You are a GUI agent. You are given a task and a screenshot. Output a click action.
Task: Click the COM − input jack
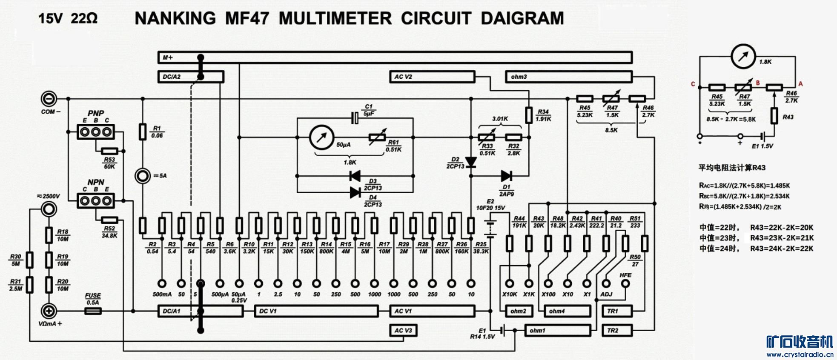pyautogui.click(x=49, y=99)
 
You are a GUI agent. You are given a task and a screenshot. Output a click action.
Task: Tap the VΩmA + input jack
pyautogui.click(x=49, y=311)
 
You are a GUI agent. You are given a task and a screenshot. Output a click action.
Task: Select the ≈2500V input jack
pyautogui.click(x=49, y=209)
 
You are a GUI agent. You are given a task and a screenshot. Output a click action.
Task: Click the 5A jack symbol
pyautogui.click(x=143, y=176)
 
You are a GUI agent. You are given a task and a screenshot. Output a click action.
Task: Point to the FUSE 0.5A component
pyautogui.click(x=93, y=311)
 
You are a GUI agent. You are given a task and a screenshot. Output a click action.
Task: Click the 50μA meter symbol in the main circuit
pyautogui.click(x=322, y=137)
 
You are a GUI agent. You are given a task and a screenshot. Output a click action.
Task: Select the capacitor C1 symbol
pyautogui.click(x=355, y=118)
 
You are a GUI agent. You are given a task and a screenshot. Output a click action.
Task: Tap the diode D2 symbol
pyautogui.click(x=471, y=162)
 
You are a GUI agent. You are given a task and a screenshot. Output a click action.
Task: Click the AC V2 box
pyautogui.click(x=432, y=77)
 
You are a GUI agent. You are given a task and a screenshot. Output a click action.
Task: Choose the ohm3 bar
pyautogui.click(x=569, y=77)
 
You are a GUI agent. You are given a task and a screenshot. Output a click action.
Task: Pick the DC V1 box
pyautogui.click(x=316, y=311)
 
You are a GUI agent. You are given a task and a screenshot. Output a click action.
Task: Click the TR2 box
pyautogui.click(x=617, y=330)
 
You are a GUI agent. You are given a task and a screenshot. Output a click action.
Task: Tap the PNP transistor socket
pyautogui.click(x=96, y=132)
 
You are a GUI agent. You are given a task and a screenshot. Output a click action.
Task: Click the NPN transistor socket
pyautogui.click(x=96, y=200)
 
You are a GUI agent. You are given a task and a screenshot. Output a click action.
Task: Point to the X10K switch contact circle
pyautogui.click(x=510, y=283)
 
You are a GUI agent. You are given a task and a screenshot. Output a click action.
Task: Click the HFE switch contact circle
pyautogui.click(x=625, y=283)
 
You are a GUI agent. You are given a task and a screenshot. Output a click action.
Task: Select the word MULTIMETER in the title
pyautogui.click(x=335, y=18)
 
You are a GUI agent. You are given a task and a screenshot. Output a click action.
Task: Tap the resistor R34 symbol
pyautogui.click(x=529, y=115)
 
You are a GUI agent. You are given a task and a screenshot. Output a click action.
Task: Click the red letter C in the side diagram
pyautogui.click(x=693, y=84)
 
